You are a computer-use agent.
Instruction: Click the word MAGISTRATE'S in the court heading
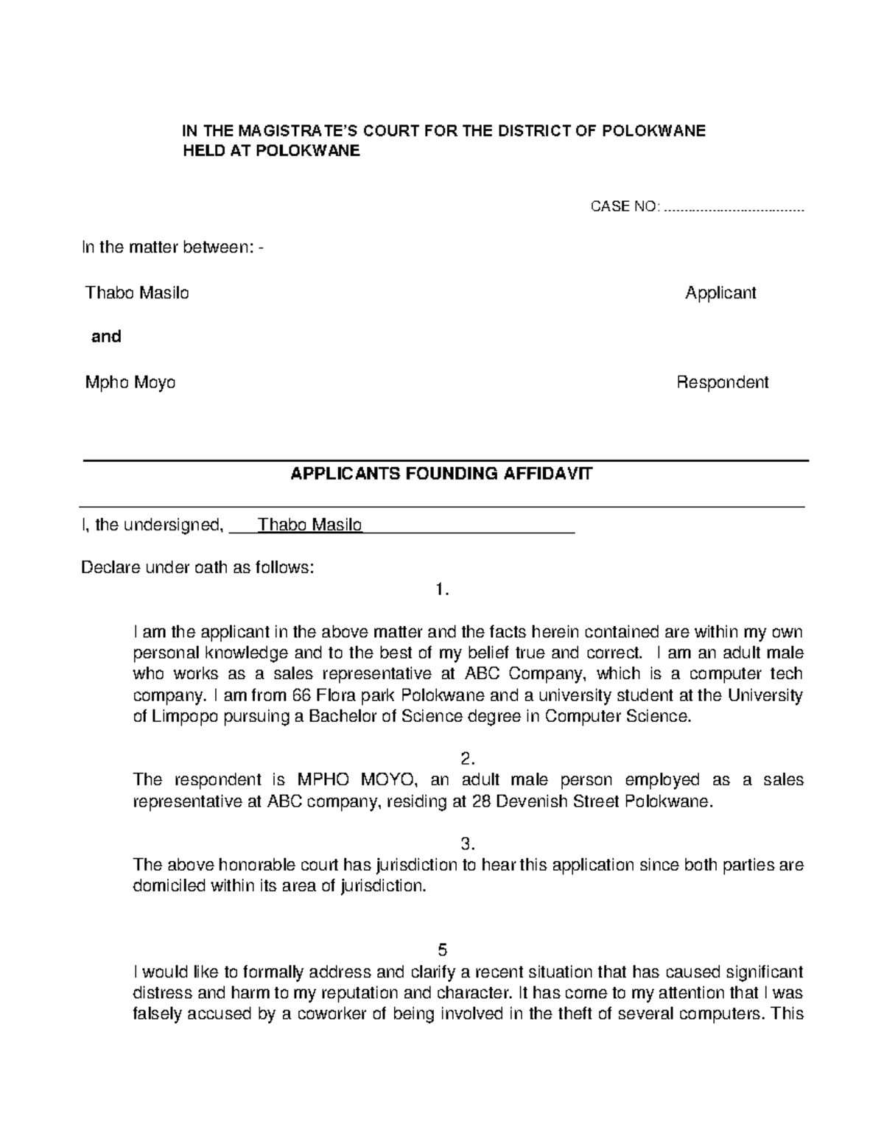tap(283, 131)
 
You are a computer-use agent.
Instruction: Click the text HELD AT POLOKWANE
tap(271, 151)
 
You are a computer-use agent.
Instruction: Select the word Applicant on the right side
tap(720, 293)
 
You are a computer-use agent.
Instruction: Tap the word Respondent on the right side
tap(723, 382)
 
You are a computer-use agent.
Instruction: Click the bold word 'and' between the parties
tap(106, 337)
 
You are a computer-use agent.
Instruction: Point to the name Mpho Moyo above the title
tap(130, 382)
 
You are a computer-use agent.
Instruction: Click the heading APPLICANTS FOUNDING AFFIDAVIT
tap(441, 474)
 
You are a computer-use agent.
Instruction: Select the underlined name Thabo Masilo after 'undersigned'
tap(310, 525)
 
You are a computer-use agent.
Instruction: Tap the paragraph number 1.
tap(442, 589)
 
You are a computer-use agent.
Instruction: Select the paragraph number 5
tap(442, 949)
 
